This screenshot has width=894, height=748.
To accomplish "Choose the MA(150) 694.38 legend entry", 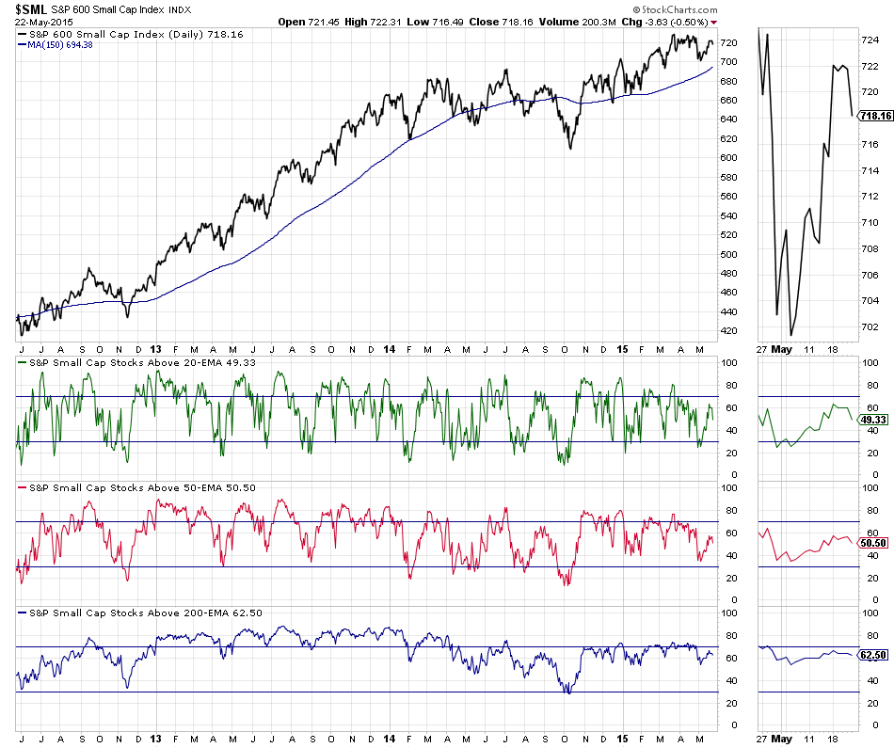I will pos(57,45).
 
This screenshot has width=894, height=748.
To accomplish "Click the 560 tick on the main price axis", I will pos(729,197).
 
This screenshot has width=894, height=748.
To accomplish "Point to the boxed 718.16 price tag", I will pos(876,117).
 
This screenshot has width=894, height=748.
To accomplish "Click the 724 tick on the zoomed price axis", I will pos(870,40).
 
